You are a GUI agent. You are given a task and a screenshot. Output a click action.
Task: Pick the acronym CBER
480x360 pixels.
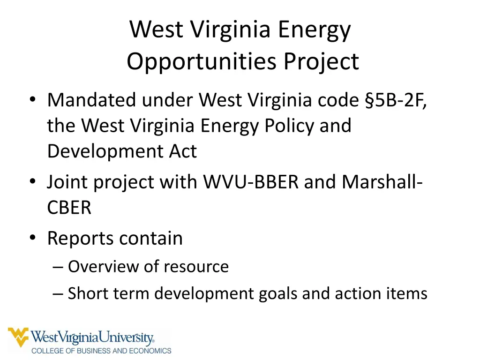click(69, 208)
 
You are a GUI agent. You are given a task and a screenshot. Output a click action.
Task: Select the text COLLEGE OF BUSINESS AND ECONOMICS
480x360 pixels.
click(101, 350)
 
